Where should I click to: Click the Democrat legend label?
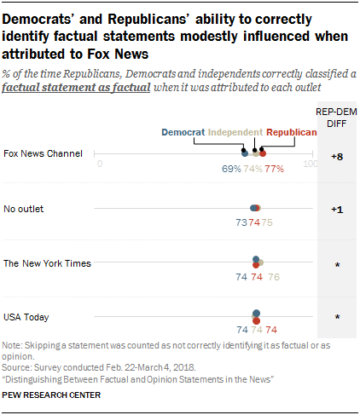click(x=183, y=132)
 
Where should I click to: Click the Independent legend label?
click(x=235, y=132)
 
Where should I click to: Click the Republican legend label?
click(x=292, y=132)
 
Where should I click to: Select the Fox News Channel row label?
click(x=44, y=153)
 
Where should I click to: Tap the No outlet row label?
click(x=24, y=208)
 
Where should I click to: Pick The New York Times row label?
click(x=47, y=263)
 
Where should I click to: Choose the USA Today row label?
click(x=26, y=317)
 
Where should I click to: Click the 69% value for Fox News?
click(x=231, y=168)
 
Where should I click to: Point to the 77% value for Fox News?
click(x=274, y=168)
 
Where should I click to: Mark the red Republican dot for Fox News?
click(x=263, y=153)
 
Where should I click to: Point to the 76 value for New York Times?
click(x=273, y=277)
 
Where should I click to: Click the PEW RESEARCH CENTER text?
click(x=52, y=395)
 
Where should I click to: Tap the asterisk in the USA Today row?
click(x=337, y=319)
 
